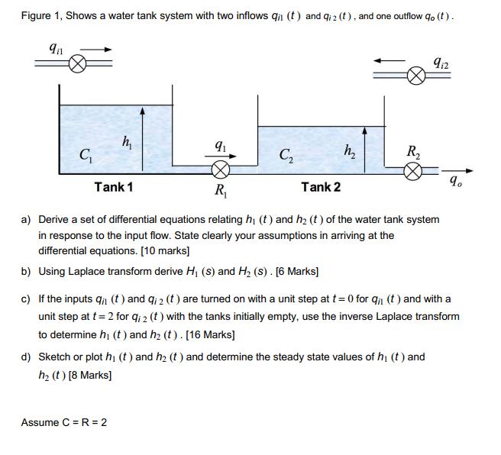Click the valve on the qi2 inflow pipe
tap(415, 75)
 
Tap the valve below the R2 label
tap(413, 174)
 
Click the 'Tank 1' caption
tap(114, 188)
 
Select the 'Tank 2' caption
tap(321, 188)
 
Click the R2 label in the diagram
tap(413, 152)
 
